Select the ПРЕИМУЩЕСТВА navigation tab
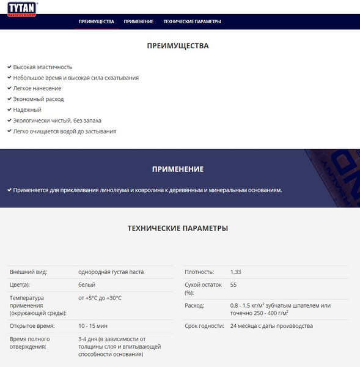96,21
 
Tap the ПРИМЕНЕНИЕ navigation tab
138,21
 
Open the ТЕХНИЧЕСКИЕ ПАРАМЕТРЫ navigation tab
192,21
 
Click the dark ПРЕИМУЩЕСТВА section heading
178,46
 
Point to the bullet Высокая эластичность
43,67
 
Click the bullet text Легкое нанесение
37,89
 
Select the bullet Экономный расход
39,99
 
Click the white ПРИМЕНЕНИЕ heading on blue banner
178,169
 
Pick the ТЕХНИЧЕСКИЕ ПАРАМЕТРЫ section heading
178,229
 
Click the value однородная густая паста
111,272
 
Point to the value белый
87,285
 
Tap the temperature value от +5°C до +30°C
100,298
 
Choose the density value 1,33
236,272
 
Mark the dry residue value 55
233,285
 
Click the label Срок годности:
204,326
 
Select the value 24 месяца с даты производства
271,326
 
